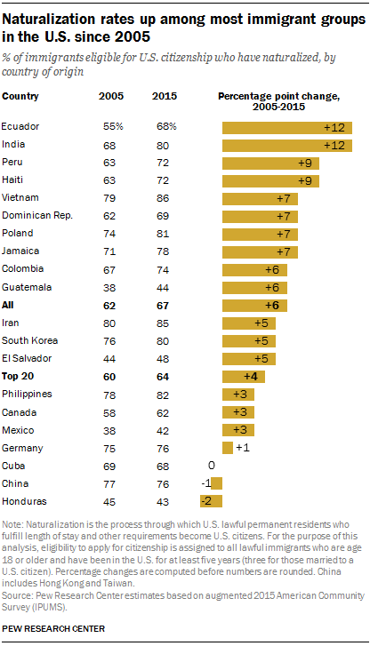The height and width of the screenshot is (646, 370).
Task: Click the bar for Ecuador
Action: [x=287, y=126]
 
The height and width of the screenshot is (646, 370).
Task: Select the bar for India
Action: [x=287, y=145]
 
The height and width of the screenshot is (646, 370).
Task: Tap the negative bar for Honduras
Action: [x=216, y=502]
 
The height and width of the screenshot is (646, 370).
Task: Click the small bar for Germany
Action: [x=228, y=448]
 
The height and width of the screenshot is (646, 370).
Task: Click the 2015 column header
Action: [x=163, y=96]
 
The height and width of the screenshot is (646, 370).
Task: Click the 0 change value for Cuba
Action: [x=212, y=465]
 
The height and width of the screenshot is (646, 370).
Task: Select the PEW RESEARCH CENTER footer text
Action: [x=54, y=629]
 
